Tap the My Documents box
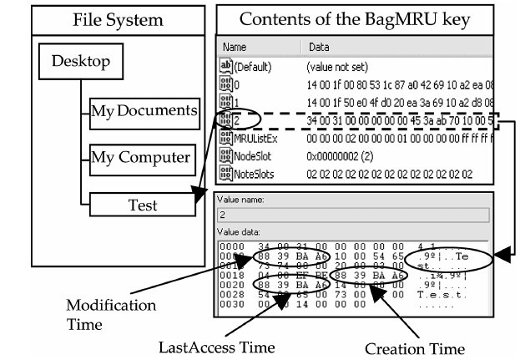point(144,109)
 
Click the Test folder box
point(144,203)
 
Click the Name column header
point(235,48)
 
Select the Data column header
point(320,48)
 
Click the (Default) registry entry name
point(253,66)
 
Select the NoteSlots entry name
point(255,173)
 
